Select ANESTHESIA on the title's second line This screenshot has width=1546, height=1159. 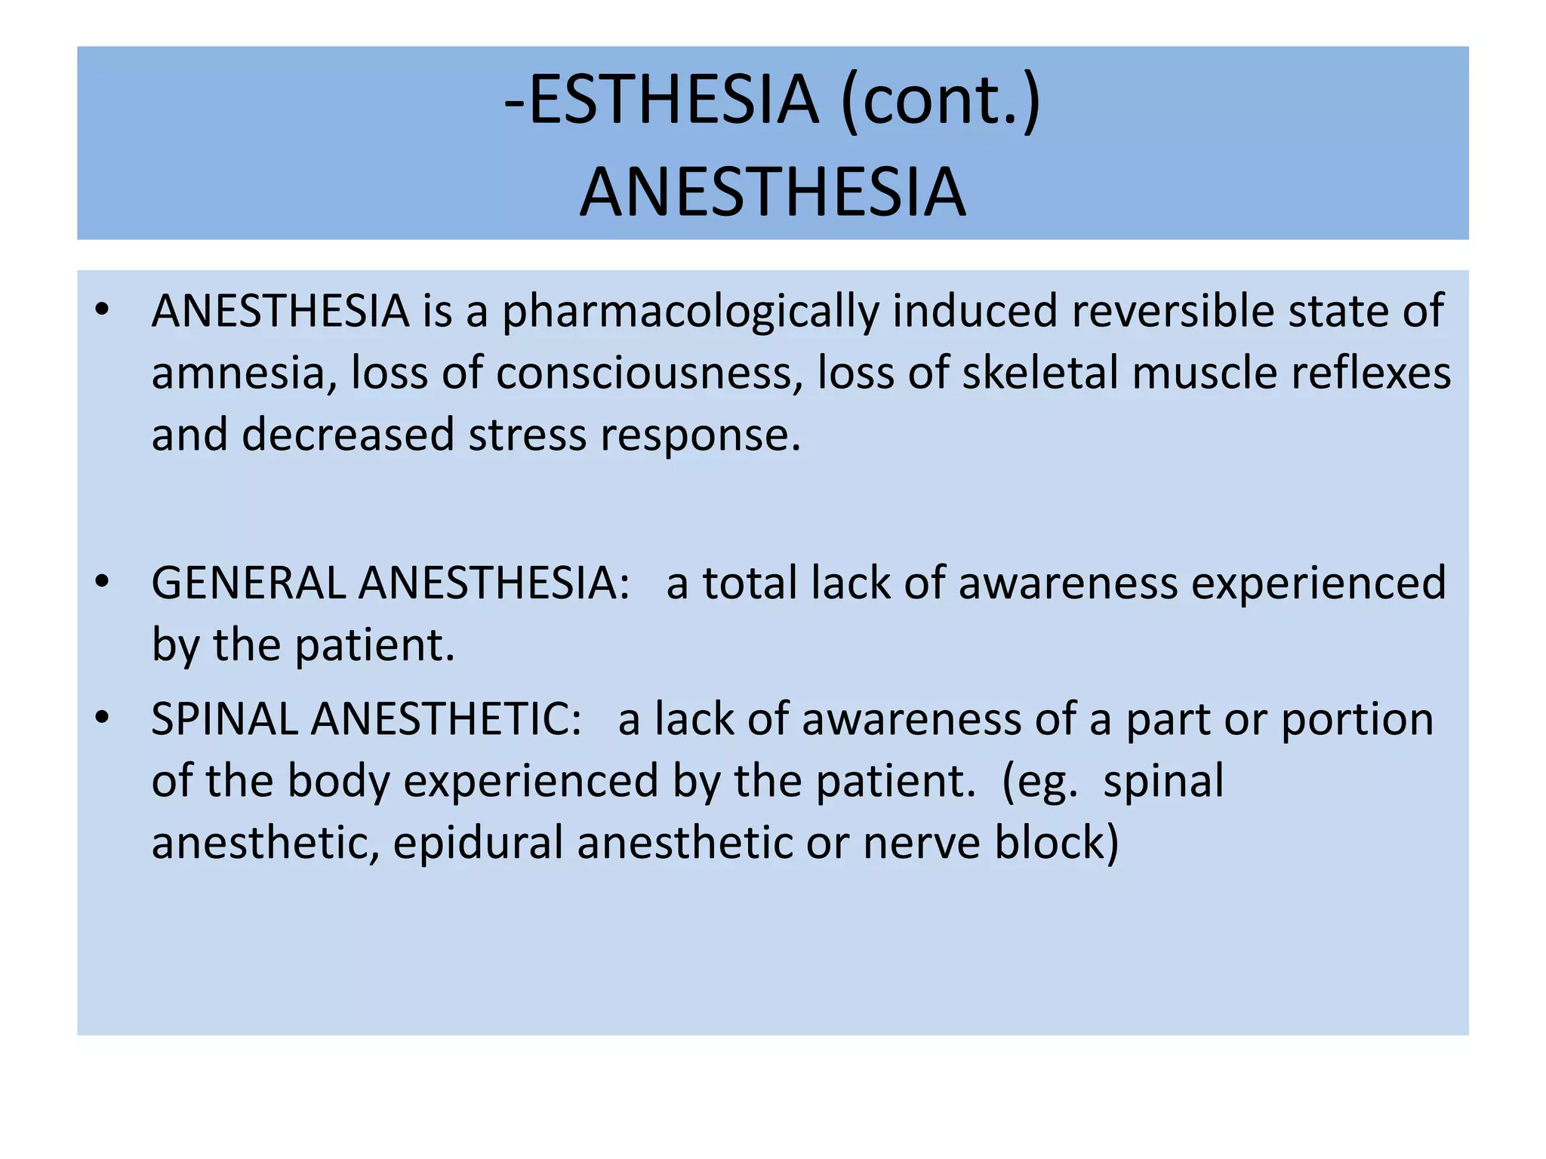tap(773, 192)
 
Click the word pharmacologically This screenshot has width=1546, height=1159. tap(691, 312)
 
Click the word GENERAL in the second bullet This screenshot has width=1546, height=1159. tap(248, 583)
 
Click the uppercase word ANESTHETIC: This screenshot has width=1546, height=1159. tap(446, 719)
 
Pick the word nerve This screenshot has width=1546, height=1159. tap(922, 843)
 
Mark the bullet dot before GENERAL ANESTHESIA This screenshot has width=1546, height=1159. tap(103, 582)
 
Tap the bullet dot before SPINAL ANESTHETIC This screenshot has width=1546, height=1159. tap(103, 718)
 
